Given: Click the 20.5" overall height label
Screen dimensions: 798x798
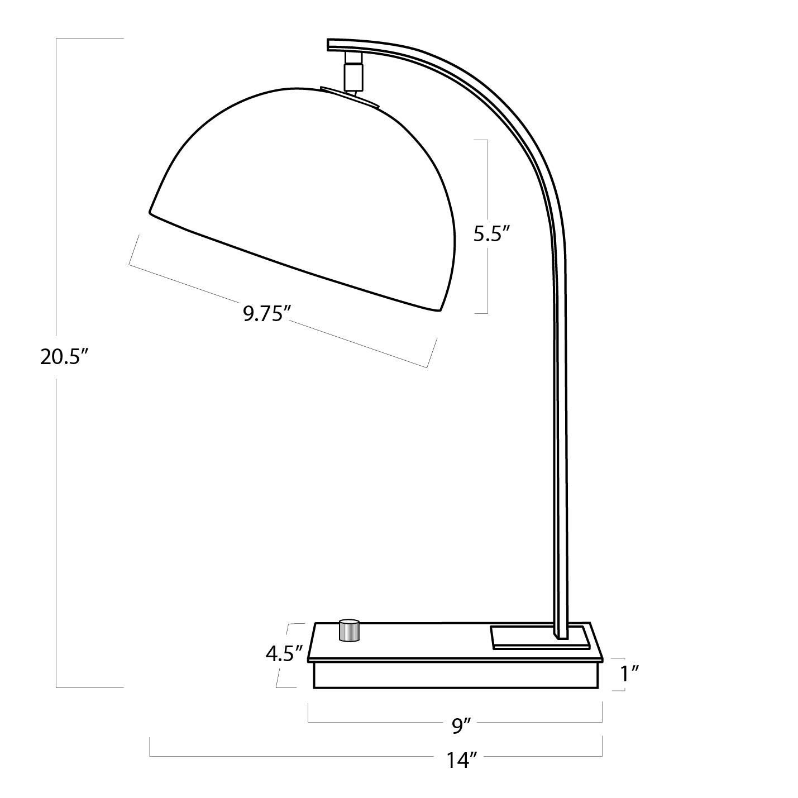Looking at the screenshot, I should coord(65,356).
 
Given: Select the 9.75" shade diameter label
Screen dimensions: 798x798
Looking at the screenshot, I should coord(264,313).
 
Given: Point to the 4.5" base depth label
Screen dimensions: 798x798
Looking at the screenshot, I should coord(284,653).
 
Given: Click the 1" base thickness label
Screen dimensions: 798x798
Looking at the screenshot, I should coord(630,673).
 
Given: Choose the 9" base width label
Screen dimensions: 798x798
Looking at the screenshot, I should coord(462,725).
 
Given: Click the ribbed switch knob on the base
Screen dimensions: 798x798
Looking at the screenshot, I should coord(350,630).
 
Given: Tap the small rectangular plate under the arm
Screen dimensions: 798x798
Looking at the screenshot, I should coord(539,638).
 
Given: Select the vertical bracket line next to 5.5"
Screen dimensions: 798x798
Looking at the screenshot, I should coord(488,168).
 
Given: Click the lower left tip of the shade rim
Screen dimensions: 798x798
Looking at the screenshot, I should coord(151,212).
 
